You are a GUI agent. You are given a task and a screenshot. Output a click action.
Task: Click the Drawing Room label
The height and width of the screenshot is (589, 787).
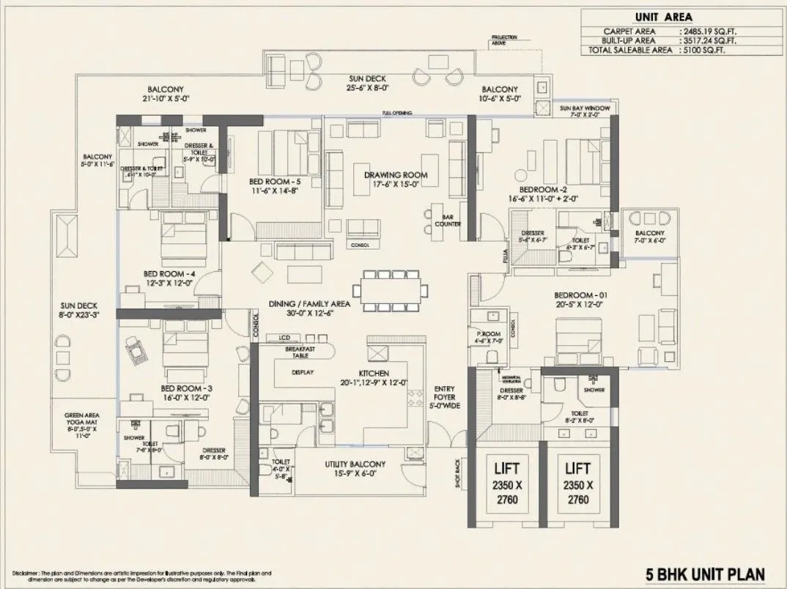point(396,175)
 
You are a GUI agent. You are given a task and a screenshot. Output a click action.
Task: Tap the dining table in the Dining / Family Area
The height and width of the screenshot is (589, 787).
point(391,289)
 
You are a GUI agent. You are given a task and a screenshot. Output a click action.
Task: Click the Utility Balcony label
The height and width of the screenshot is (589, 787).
point(355,464)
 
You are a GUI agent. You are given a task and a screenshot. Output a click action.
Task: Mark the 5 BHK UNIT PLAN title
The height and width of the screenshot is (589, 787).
point(706,574)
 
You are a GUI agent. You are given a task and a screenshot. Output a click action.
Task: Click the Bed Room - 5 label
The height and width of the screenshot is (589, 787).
point(254,181)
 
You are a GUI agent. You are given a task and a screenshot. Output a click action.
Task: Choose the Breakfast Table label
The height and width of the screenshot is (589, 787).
point(300,351)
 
